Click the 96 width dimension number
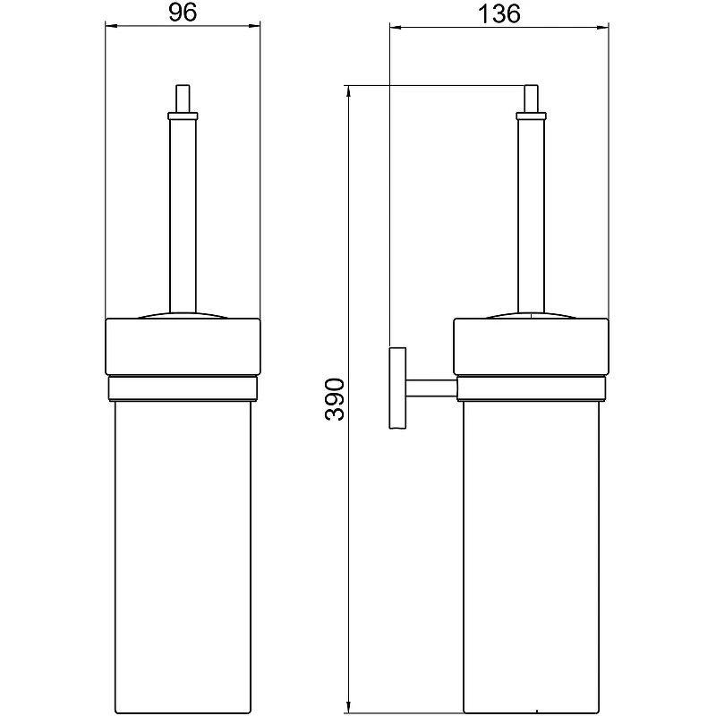click(x=183, y=13)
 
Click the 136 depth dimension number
click(x=499, y=14)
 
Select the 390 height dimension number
click(x=335, y=399)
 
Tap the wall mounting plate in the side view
click(x=397, y=388)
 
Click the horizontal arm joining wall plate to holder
click(x=431, y=388)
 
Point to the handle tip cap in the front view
click(x=183, y=98)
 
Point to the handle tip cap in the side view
click(x=531, y=98)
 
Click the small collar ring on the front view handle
click(x=183, y=116)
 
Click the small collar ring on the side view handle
click(x=531, y=116)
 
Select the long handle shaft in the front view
click(x=183, y=216)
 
